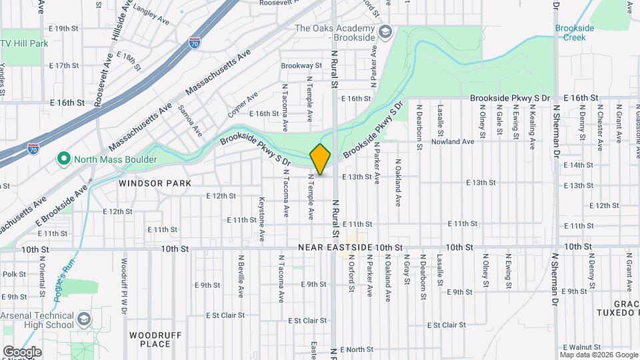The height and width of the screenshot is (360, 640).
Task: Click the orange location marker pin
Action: tap(320, 159)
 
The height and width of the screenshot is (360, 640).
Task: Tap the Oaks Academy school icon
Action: tap(385, 31)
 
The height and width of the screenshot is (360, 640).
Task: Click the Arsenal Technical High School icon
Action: tap(84, 319)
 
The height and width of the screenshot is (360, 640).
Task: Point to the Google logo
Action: tap(21, 352)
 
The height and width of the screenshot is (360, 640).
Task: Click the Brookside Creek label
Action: tap(570, 33)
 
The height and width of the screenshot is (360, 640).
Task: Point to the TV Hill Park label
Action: tap(25, 43)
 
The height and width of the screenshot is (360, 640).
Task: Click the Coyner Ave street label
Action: tap(243, 105)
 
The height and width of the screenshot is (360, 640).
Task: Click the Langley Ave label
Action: tap(149, 10)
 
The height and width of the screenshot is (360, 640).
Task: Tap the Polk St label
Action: tap(13, 274)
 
